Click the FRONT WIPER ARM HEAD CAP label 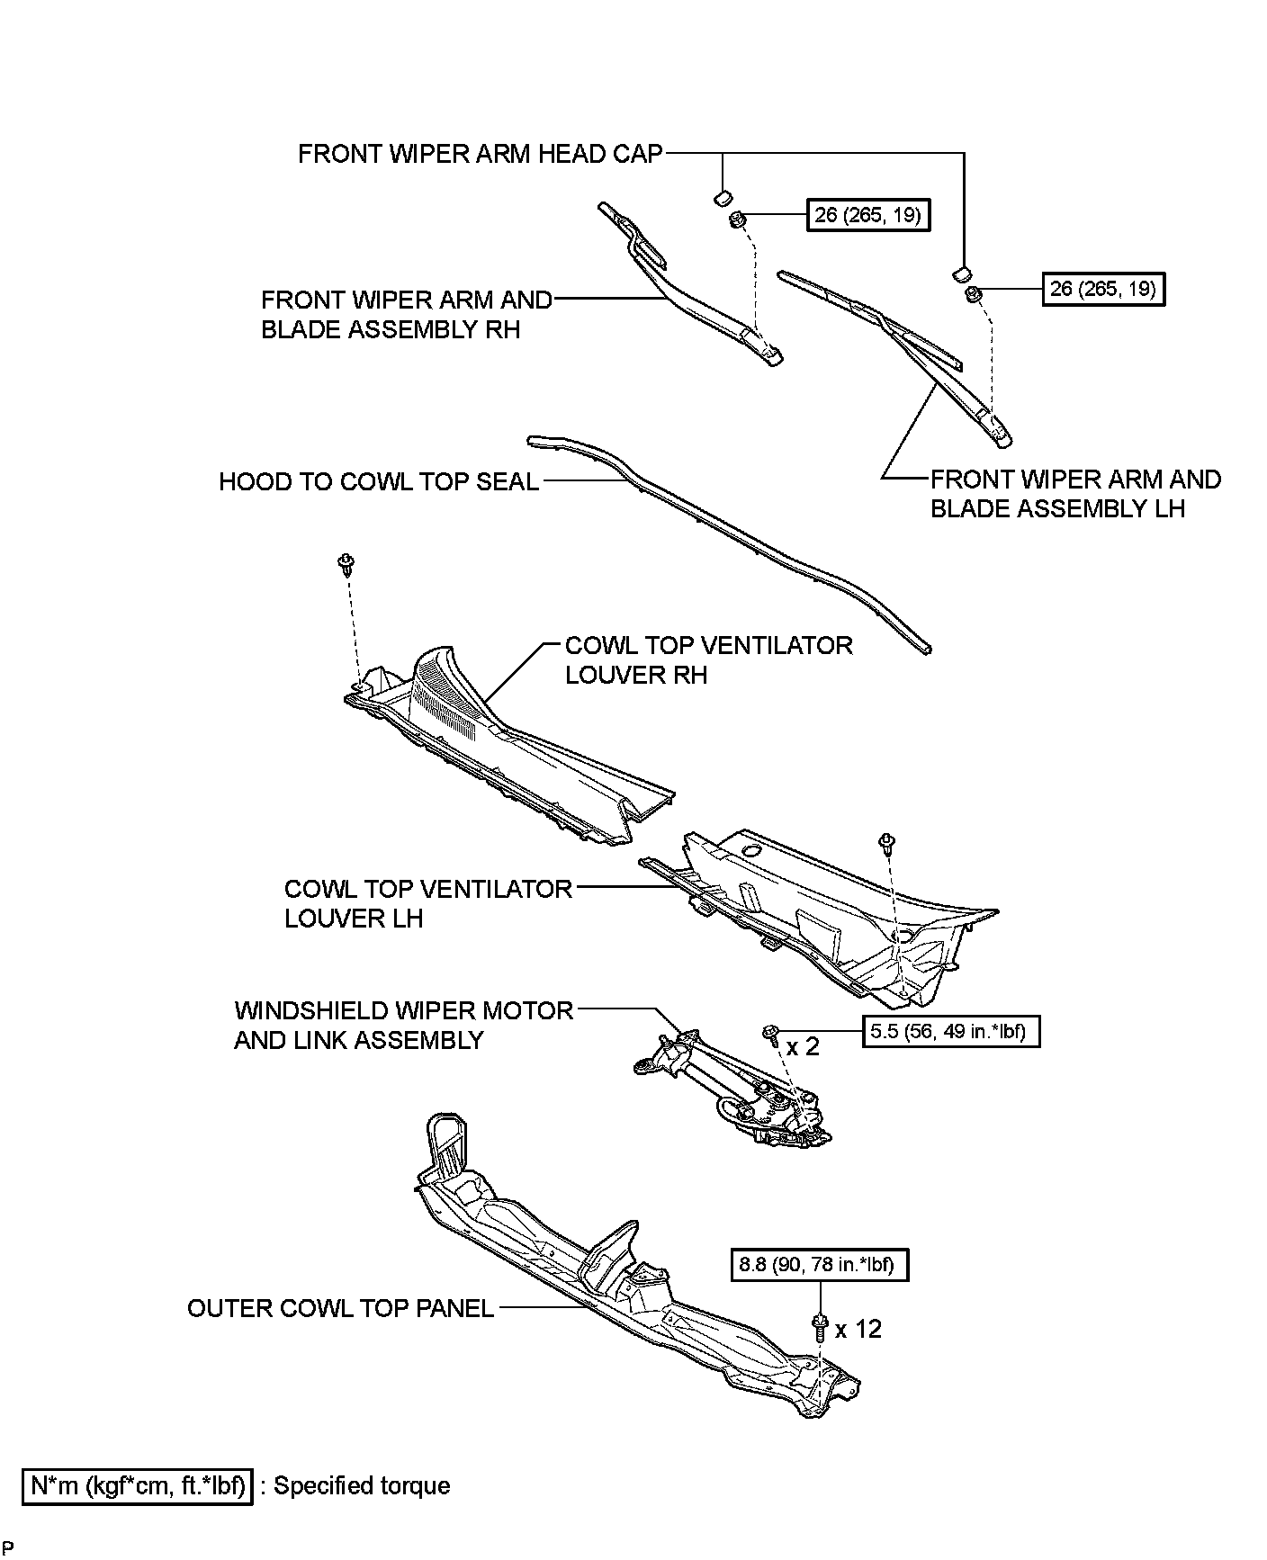tap(480, 154)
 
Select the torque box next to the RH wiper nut tap(868, 216)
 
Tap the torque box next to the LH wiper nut tap(1103, 290)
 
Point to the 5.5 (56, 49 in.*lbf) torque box tap(951, 1031)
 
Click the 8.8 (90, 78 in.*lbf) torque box tap(819, 1265)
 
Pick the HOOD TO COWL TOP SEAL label tap(379, 482)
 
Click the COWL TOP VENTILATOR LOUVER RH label tap(708, 660)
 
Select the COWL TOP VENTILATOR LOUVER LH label tap(428, 903)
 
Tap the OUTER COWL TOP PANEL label tap(341, 1308)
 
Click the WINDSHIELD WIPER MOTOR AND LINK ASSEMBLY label tap(403, 1026)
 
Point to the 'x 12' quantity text tap(858, 1329)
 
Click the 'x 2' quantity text tap(804, 1046)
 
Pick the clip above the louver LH tap(886, 843)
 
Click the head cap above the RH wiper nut tap(722, 197)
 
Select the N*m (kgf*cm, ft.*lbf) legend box tap(138, 1485)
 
